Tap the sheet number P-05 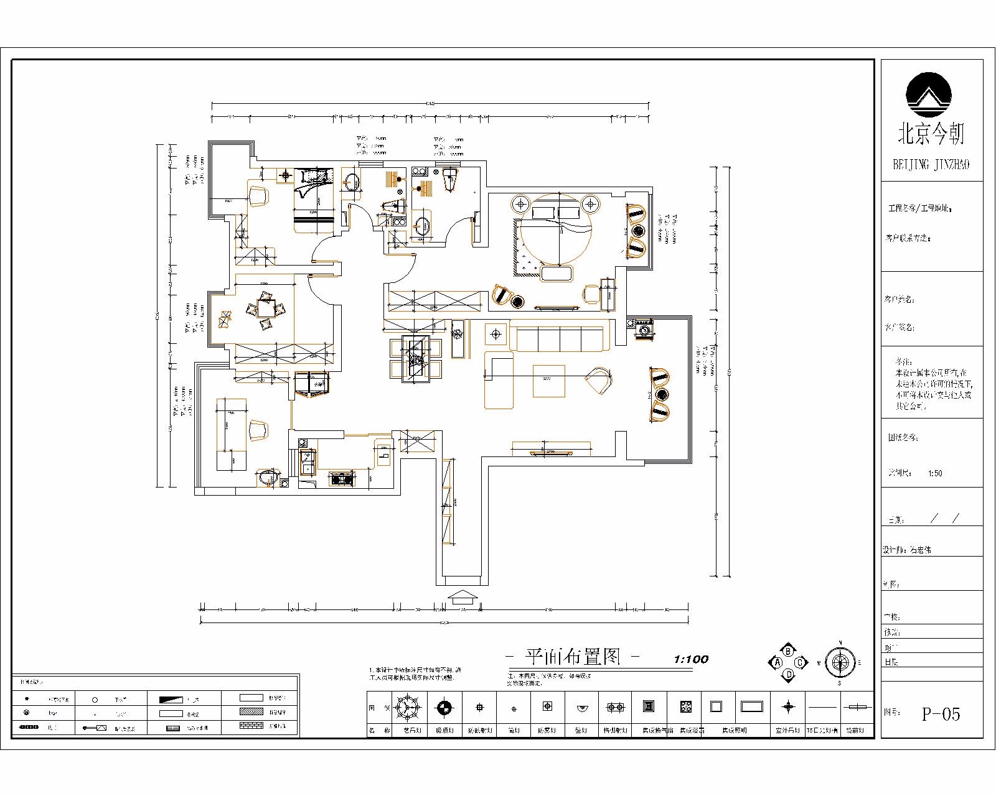941,714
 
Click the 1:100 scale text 691,659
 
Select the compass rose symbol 840,662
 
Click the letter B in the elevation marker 788,651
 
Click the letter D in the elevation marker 788,674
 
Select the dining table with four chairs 415,358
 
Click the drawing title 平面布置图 573,657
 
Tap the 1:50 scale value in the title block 935,473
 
